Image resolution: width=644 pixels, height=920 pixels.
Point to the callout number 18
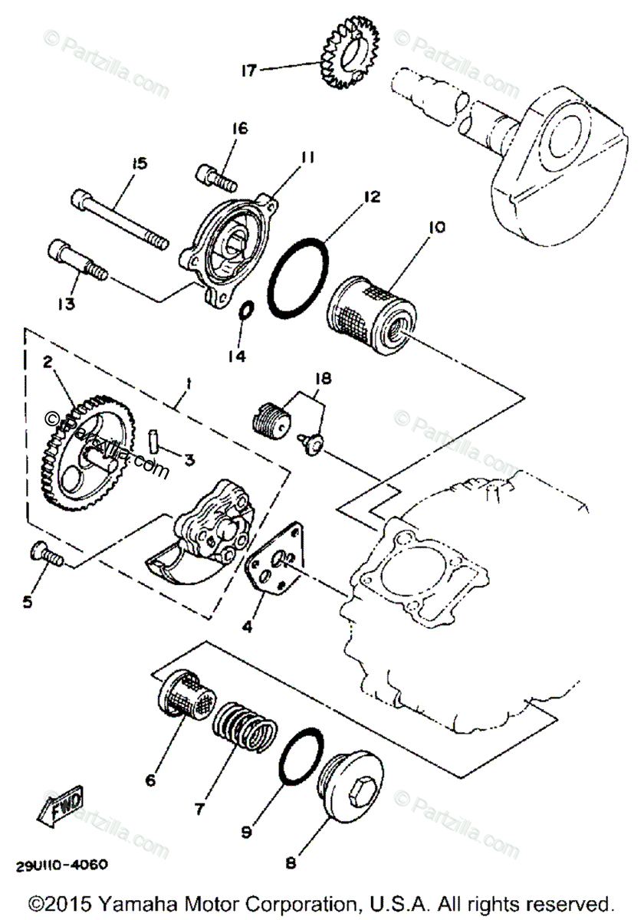(x=323, y=379)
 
